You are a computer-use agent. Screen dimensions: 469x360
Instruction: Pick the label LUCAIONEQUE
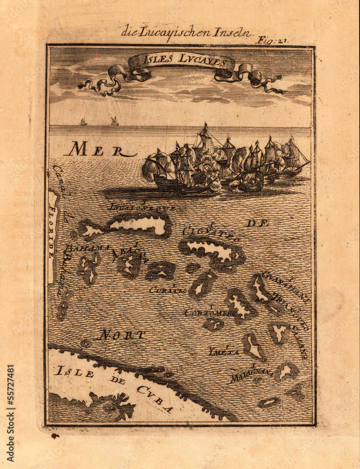tap(142, 207)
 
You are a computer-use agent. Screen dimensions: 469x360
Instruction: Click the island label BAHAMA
tap(87, 248)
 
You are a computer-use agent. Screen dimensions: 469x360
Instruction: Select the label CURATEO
tap(167, 290)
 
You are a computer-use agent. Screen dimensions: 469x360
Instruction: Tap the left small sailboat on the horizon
tap(83, 122)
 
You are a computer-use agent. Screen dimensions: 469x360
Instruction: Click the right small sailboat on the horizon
tap(114, 121)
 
